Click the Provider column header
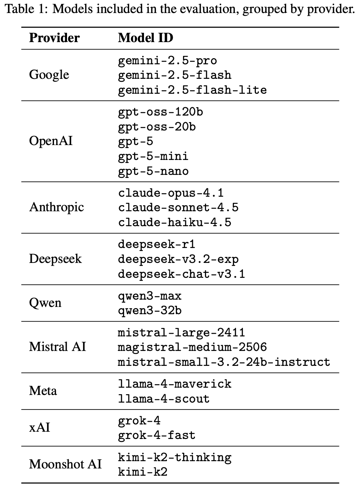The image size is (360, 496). (x=54, y=38)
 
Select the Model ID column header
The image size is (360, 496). (x=145, y=38)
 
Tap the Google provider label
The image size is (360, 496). (x=49, y=75)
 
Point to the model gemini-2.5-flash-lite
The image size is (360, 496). (x=192, y=90)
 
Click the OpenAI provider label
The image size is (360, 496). (x=51, y=141)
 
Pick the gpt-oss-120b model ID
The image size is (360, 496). (x=160, y=112)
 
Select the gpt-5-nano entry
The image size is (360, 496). (x=153, y=171)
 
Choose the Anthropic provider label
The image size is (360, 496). (x=57, y=207)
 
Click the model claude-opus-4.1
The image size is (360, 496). (x=171, y=193)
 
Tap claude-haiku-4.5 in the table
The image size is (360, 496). (x=175, y=222)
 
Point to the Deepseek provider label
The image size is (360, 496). (x=56, y=259)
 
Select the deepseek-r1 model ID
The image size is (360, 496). (x=157, y=245)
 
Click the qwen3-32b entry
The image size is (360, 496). (x=150, y=311)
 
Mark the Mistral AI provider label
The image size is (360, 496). (x=57, y=347)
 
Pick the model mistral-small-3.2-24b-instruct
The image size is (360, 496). (x=224, y=362)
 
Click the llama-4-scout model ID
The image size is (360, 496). (x=164, y=399)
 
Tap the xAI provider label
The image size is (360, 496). (x=39, y=427)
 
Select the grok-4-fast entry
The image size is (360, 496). (x=157, y=436)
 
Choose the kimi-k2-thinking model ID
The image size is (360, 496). (x=175, y=458)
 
